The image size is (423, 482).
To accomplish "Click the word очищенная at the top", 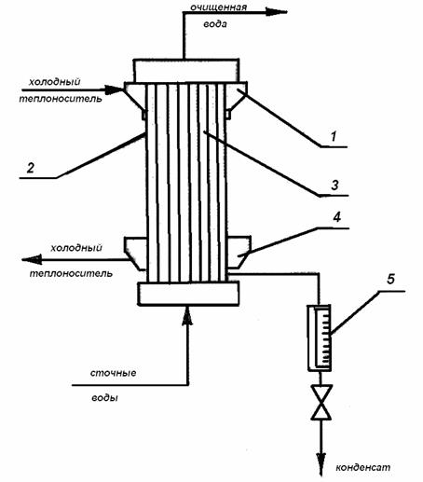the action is coord(219,7).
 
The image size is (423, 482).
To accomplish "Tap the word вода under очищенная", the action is coord(215,24).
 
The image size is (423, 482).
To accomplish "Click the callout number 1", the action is coord(334,136).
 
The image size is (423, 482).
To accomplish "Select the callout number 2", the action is coord(31,168).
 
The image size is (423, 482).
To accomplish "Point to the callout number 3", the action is coord(334,186).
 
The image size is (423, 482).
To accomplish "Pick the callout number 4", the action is coord(337,217).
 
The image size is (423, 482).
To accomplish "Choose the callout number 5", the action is coord(390,279).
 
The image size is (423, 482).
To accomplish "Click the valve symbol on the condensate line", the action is coord(321,403).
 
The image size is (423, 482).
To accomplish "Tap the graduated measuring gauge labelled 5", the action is coord(320,337).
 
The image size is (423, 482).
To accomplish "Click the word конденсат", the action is coord(362,467).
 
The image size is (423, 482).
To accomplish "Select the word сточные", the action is coord(113,373).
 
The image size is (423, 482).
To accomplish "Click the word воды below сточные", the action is coord(104,397).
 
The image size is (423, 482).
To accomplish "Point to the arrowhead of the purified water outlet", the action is coord(276,12).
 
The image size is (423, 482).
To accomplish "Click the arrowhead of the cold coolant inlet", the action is coord(114,90).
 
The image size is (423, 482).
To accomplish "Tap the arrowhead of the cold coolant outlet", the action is coord(32,259).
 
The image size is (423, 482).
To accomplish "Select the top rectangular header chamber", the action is coord(186,71).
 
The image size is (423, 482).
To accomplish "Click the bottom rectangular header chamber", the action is coord(188,294).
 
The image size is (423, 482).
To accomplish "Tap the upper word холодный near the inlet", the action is coord(54,82).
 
